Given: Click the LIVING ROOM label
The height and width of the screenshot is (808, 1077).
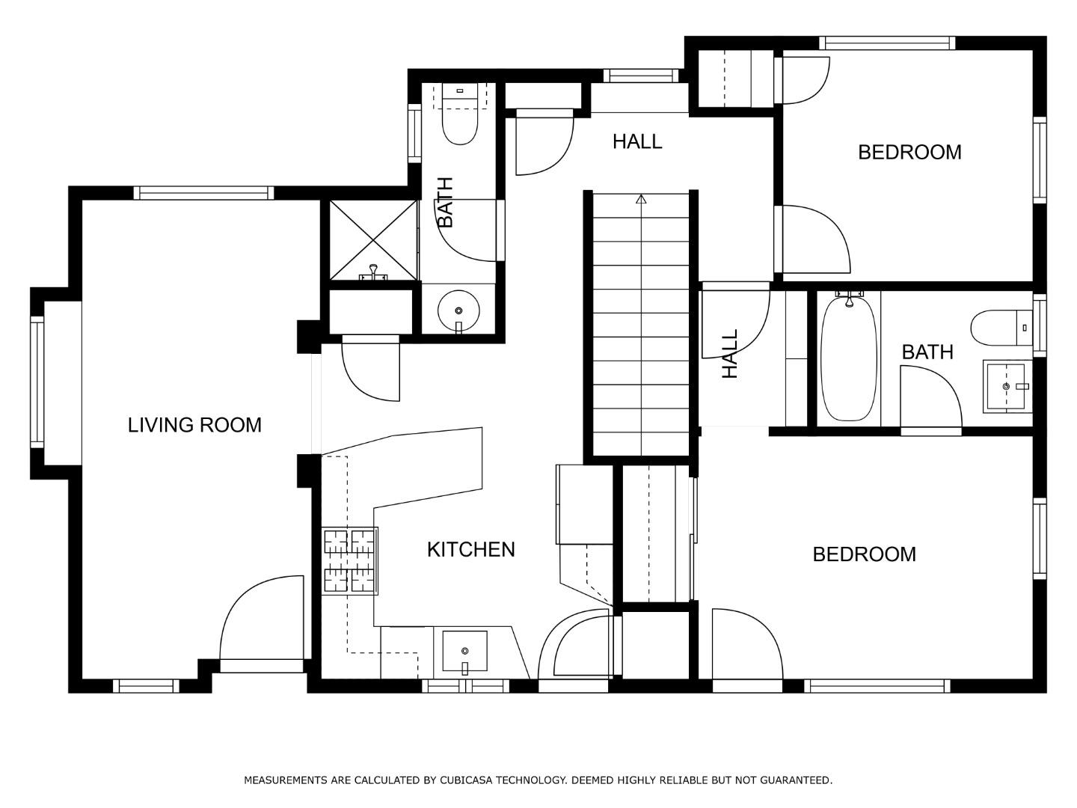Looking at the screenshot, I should [194, 425].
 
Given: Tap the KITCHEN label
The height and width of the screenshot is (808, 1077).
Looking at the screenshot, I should [470, 549].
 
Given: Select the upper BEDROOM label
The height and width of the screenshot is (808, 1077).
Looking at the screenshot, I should [909, 152].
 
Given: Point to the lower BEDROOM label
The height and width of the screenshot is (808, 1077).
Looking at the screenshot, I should [864, 554].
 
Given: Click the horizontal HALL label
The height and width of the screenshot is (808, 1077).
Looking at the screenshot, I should [637, 141].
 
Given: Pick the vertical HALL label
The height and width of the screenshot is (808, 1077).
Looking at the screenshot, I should [729, 354].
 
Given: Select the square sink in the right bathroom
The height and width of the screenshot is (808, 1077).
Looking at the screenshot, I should [1007, 387].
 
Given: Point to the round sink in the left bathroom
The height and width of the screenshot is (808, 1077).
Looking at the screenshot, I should [458, 310].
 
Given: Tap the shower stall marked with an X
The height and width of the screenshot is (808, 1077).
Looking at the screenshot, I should [372, 239].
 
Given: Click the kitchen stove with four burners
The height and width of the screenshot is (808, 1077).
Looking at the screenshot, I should [349, 561].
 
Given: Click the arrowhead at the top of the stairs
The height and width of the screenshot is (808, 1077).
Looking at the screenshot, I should [641, 199].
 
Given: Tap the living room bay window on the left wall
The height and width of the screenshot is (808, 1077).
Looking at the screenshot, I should [37, 382].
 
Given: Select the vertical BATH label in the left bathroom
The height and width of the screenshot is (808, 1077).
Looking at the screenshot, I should [445, 202].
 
